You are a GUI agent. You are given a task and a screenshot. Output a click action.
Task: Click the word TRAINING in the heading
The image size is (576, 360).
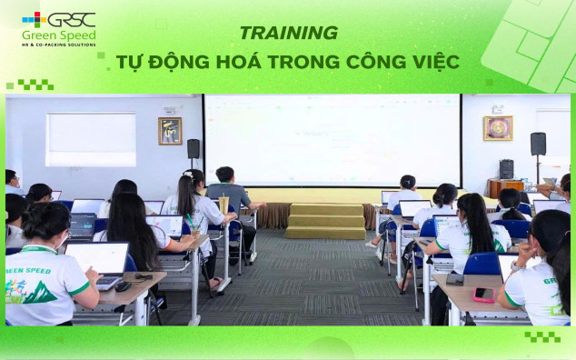[288, 33]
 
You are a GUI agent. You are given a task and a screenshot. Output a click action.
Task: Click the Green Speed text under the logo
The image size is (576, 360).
[59, 35]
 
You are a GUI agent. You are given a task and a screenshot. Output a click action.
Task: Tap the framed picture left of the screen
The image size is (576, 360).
[170, 130]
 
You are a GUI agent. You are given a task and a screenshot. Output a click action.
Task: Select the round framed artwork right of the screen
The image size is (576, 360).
[497, 128]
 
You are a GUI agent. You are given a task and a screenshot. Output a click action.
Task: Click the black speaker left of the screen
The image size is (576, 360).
[194, 148]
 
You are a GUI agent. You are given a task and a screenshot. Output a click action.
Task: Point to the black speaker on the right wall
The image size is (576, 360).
[538, 144]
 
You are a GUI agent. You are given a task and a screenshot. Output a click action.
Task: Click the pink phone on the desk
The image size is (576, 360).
[482, 295]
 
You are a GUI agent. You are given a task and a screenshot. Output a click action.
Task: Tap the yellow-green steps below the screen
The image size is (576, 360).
[324, 221]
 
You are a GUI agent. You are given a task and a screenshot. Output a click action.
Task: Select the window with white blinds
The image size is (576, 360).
[91, 138]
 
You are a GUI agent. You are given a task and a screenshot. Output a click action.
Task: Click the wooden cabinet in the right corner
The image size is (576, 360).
[505, 187]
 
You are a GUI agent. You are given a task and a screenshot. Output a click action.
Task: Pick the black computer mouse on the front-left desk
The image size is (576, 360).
[122, 286]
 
